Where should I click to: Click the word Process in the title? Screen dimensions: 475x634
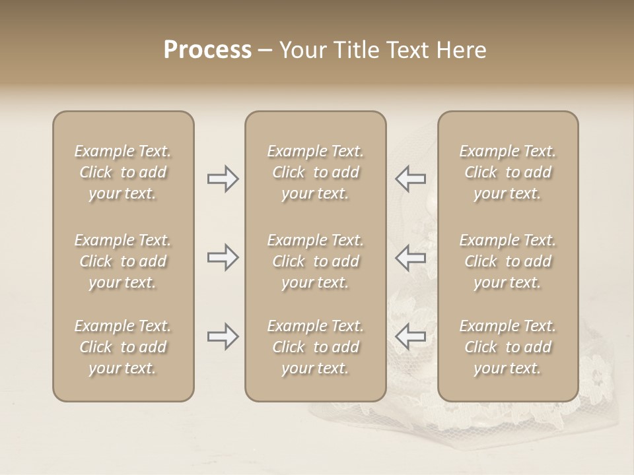[207, 50]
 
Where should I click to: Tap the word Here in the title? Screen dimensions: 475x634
[460, 50]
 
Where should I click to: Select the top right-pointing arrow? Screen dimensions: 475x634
[223, 179]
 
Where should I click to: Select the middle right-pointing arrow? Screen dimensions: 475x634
[223, 257]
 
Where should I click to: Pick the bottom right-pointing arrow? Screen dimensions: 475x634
[223, 336]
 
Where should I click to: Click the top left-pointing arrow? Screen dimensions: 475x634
[410, 179]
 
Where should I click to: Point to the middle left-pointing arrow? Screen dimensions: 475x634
[410, 257]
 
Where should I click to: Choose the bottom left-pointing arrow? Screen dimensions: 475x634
[410, 336]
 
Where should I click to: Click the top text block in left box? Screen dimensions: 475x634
[123, 172]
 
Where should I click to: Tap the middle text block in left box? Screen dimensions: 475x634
[123, 261]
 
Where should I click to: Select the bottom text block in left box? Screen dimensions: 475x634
[123, 347]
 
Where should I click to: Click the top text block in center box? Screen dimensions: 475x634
[316, 172]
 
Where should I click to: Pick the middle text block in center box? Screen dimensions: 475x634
[316, 261]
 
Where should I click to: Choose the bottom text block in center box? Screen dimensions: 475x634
[316, 347]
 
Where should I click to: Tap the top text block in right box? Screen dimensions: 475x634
[508, 172]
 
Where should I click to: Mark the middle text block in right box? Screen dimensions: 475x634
[508, 261]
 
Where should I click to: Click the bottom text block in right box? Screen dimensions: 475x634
[508, 347]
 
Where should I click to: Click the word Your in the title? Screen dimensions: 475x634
[302, 50]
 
